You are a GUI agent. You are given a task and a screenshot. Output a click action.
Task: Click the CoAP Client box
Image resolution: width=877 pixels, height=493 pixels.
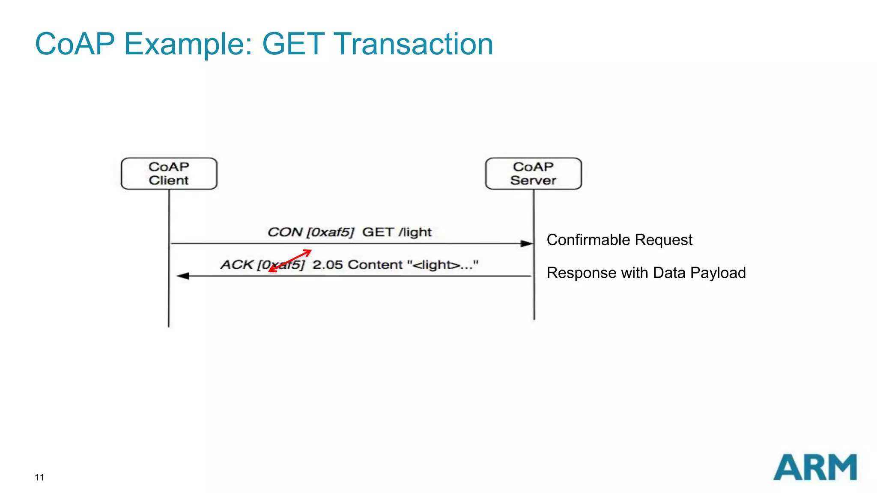[x=169, y=174]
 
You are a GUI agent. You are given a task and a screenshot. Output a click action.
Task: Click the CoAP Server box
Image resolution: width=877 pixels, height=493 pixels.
[x=533, y=174]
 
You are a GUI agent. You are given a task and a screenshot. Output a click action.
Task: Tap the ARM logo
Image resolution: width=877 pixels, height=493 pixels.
[x=815, y=467]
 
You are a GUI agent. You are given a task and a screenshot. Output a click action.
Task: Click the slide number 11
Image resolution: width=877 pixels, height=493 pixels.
[x=39, y=478]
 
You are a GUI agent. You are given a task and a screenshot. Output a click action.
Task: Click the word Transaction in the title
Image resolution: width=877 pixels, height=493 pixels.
[x=413, y=44]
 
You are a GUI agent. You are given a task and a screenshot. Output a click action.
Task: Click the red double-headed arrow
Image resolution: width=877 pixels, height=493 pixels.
[x=290, y=261]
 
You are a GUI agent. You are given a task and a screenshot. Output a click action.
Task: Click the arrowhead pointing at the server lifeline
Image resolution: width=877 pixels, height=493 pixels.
[x=527, y=244]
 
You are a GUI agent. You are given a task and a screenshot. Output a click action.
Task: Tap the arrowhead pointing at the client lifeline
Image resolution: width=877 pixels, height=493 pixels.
[x=183, y=276]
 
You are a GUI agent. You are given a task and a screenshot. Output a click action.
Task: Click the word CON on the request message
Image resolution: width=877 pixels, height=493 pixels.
[x=285, y=232]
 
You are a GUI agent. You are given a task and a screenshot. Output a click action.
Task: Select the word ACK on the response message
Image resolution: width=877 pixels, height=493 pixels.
[x=237, y=265]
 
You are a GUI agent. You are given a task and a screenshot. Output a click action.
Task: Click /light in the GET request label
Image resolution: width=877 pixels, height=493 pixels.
[x=415, y=232]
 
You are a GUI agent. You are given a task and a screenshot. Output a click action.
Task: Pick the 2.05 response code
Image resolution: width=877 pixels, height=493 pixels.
[x=328, y=265]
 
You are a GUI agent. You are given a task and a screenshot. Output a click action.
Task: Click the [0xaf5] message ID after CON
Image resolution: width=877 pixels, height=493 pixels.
[x=331, y=232]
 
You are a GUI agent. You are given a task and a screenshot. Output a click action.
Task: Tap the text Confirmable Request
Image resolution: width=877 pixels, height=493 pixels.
[x=619, y=240]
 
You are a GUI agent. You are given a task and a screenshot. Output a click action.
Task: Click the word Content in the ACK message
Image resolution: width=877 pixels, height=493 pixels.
[x=375, y=265]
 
